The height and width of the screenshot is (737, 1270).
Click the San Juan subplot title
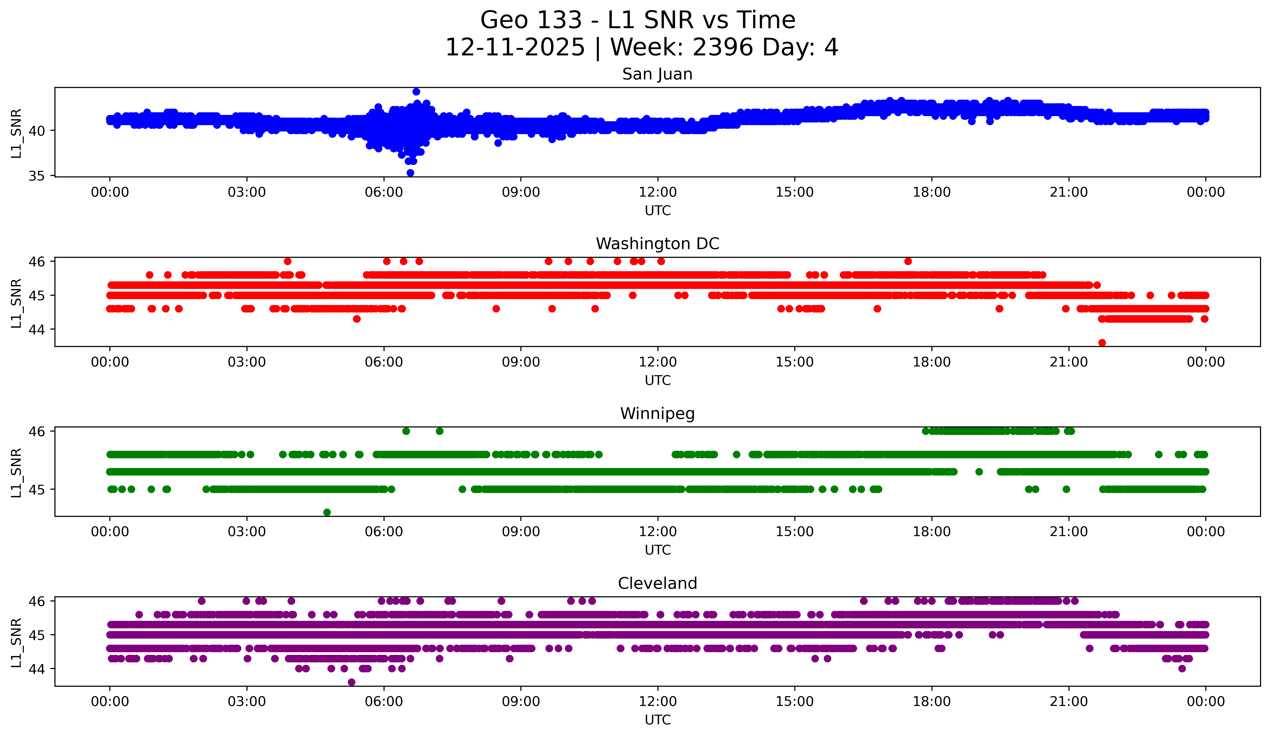tap(657, 74)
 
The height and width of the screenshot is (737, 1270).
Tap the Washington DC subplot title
tap(657, 244)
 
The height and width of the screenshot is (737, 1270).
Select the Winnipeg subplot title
tap(657, 414)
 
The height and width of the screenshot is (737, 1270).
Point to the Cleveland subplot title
tap(657, 583)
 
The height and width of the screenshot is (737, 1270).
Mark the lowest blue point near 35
tap(410, 173)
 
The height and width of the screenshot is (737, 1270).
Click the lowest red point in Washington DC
tap(1102, 343)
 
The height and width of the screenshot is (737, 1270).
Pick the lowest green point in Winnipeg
tap(327, 512)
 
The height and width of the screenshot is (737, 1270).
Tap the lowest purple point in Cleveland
tap(351, 682)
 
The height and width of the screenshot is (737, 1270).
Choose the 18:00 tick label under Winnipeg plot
tap(931, 531)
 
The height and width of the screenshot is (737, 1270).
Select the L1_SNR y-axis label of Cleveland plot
tap(16, 642)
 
